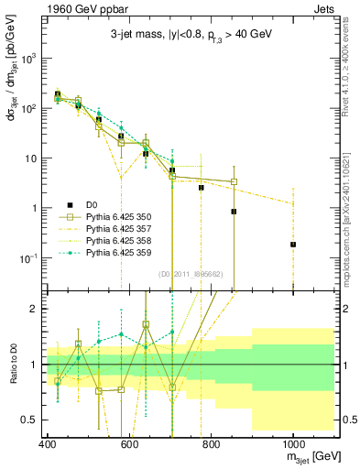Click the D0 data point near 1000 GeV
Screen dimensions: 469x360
point(293,245)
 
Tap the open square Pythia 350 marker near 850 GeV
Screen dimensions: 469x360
point(234,181)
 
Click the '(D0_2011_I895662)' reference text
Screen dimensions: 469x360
point(192,273)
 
